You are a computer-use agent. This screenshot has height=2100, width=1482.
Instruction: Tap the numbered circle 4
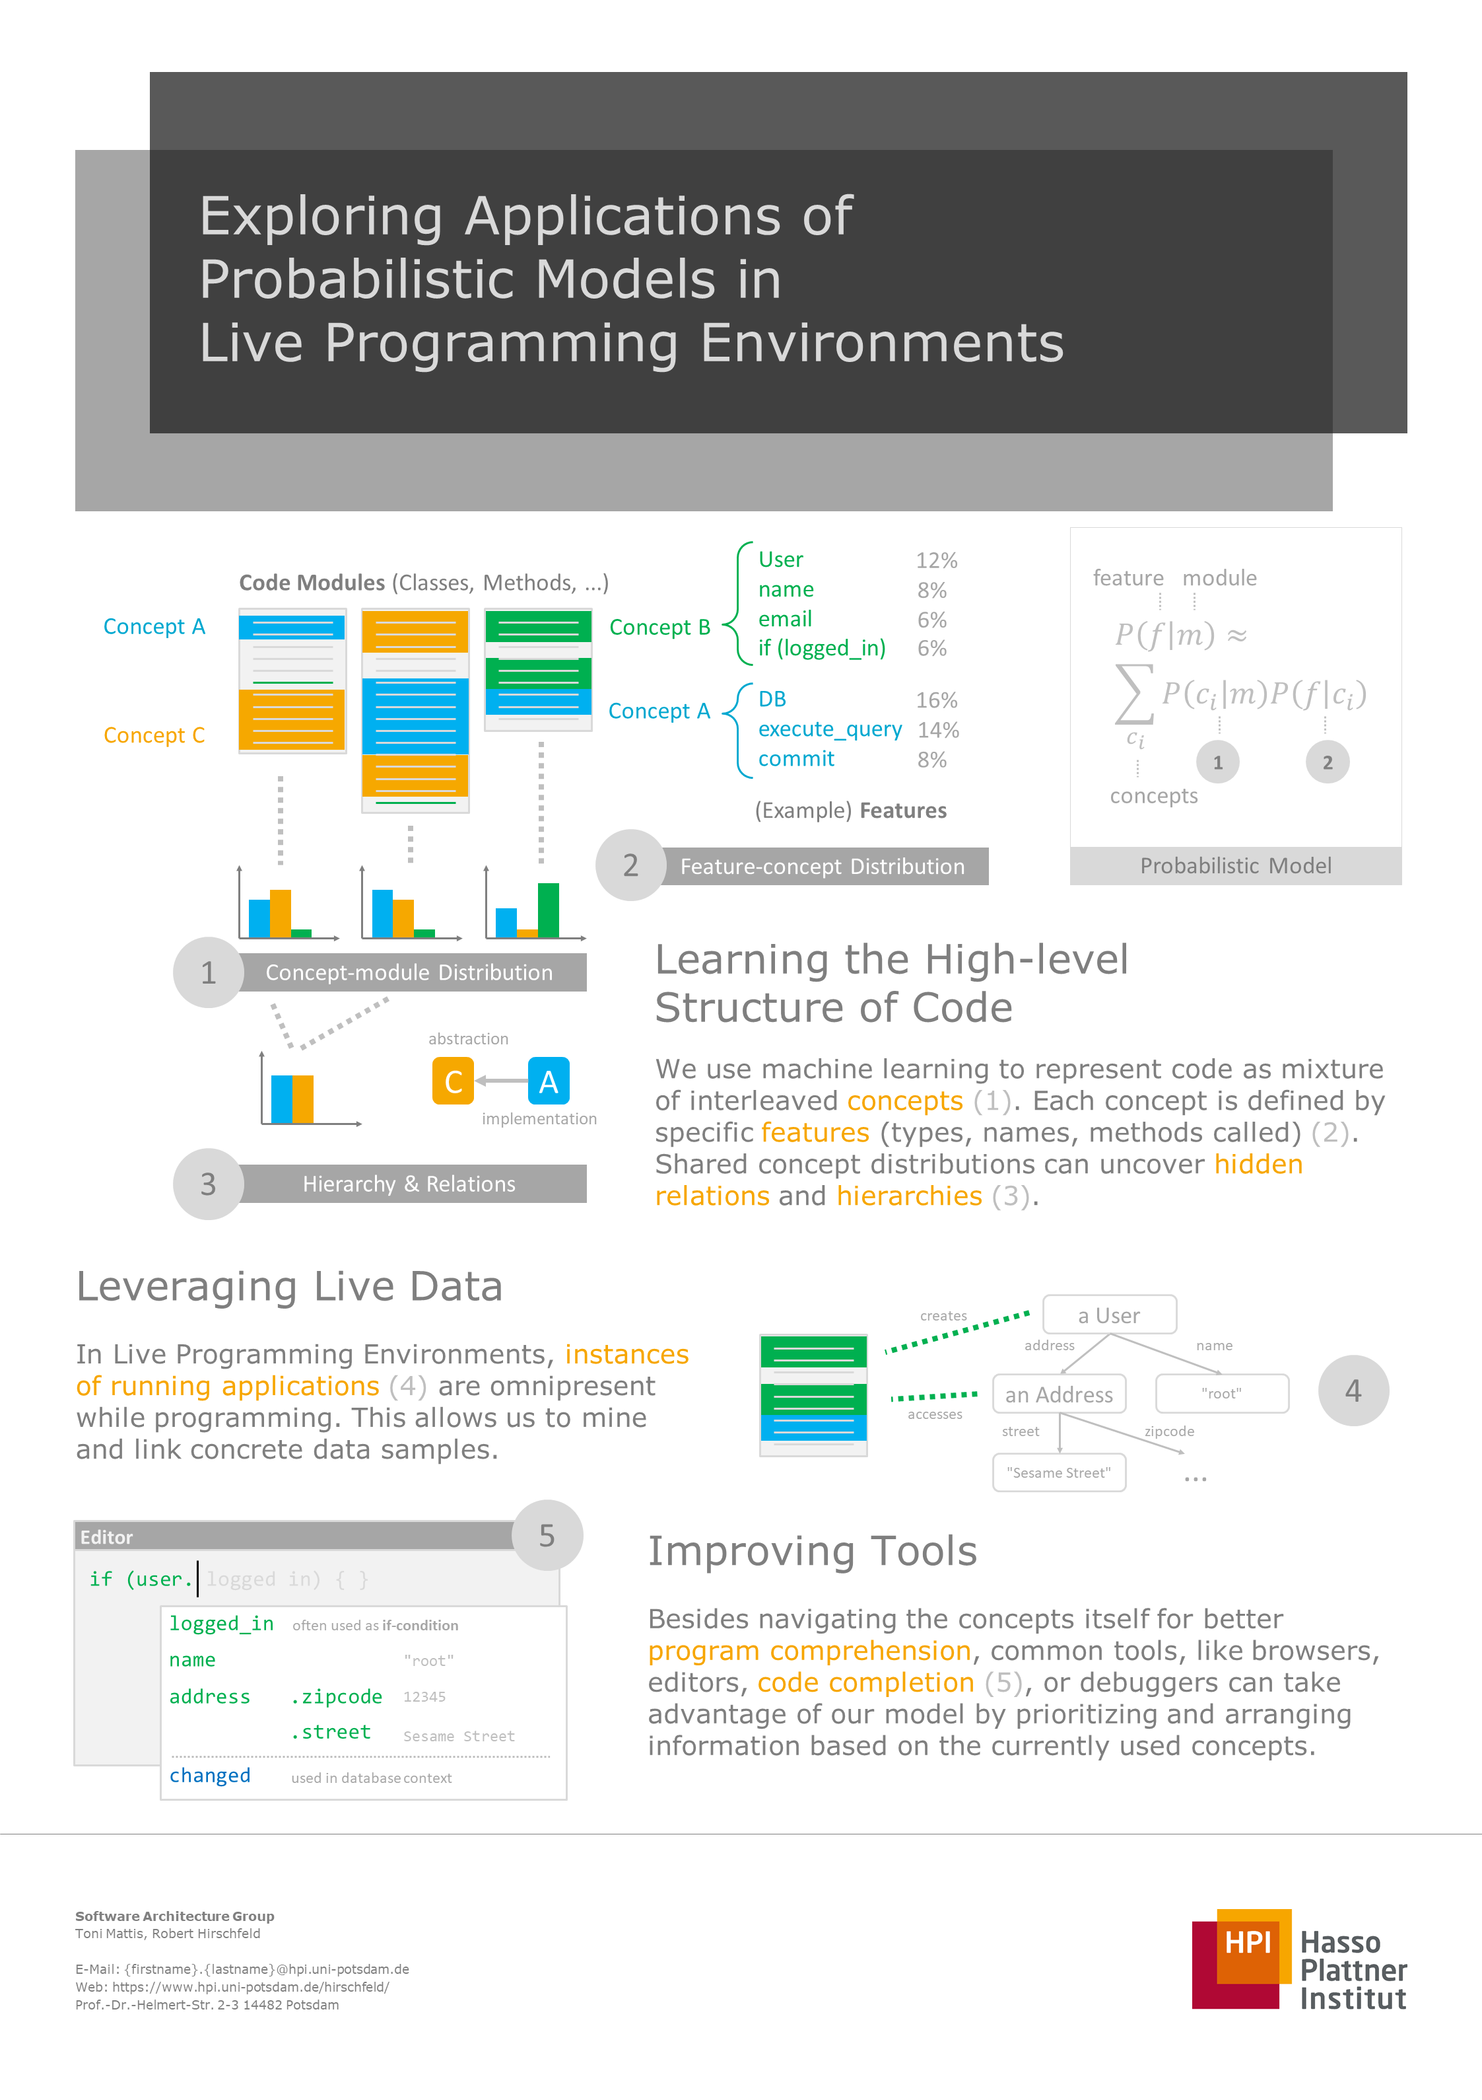[x=1353, y=1391]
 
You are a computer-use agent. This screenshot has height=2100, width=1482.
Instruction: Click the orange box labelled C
[x=453, y=1081]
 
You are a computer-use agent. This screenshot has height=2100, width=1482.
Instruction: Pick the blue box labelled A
[x=549, y=1081]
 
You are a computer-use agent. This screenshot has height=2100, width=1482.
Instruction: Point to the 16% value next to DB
[x=936, y=701]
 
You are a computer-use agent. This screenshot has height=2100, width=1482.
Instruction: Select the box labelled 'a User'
[x=1109, y=1315]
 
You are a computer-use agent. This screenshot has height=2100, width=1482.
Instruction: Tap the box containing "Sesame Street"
[x=1059, y=1472]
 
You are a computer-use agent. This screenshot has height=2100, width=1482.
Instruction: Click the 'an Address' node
[x=1059, y=1394]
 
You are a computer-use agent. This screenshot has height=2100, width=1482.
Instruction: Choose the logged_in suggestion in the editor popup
[x=221, y=1624]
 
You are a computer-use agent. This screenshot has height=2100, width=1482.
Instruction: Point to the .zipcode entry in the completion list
[x=337, y=1696]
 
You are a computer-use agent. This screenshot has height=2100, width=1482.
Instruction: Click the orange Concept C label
[x=154, y=735]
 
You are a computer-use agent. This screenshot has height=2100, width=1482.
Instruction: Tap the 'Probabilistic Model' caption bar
[x=1235, y=865]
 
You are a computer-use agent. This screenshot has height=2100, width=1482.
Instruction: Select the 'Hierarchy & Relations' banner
[x=409, y=1184]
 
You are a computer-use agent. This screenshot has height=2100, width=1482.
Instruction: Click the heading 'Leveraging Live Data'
[x=289, y=1287]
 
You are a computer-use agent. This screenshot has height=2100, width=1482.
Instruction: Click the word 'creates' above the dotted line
[x=943, y=1316]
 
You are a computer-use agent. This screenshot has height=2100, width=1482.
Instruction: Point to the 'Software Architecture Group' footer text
[x=175, y=1916]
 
